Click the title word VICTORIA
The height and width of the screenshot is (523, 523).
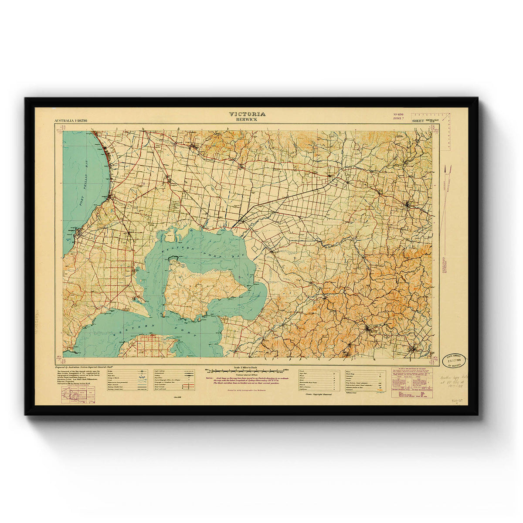247,114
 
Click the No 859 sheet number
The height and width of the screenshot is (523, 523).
399,114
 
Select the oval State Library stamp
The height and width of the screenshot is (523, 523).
454,361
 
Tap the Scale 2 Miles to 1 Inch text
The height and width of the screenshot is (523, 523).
247,367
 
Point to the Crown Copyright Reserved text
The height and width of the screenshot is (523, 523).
318,394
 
